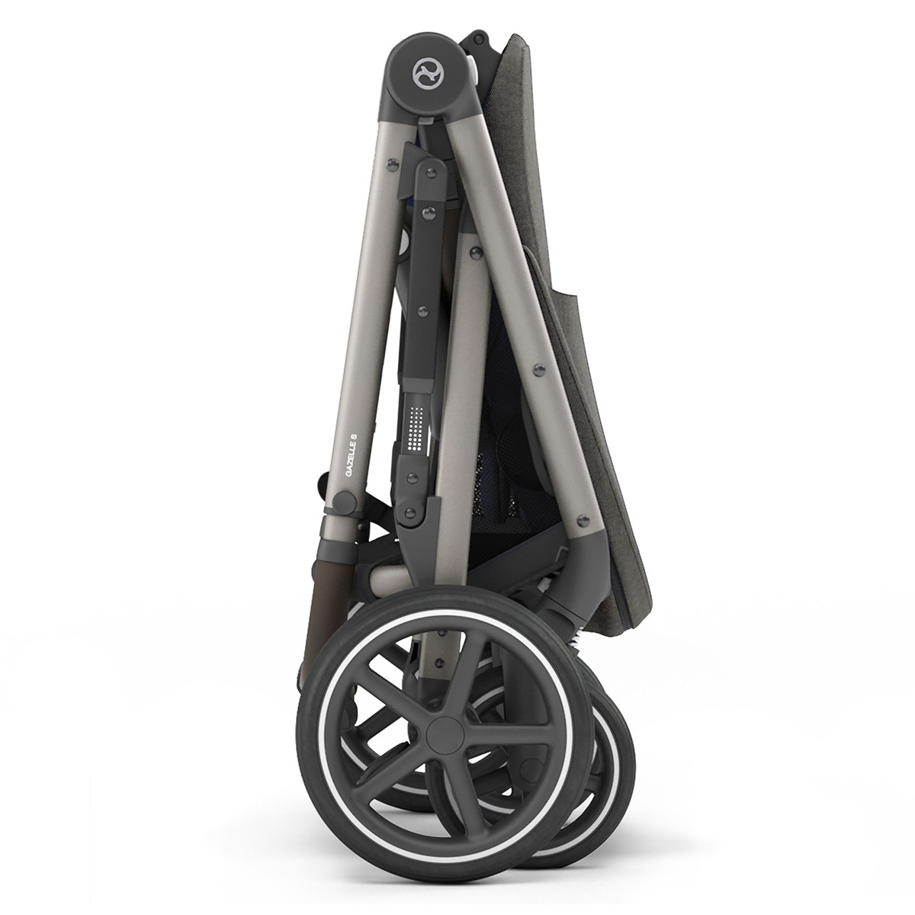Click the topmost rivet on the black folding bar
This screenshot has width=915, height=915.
[x=430, y=172]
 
